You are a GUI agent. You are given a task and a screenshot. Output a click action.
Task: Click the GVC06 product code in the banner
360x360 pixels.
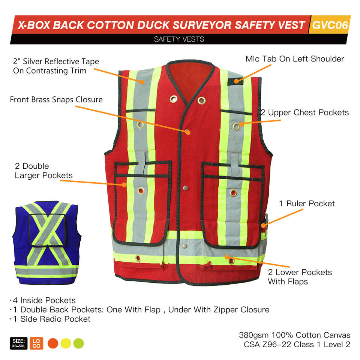point(330,25)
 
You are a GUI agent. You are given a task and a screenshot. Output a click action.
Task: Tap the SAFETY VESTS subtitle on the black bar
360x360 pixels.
point(179,39)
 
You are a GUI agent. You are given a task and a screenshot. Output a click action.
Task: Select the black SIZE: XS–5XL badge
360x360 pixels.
point(19,343)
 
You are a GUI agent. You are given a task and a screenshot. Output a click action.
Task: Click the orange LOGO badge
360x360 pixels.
point(36,343)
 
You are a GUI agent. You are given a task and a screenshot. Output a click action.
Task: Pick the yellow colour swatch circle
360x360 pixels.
point(66,343)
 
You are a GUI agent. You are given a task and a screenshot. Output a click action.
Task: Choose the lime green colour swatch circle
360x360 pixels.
point(78,343)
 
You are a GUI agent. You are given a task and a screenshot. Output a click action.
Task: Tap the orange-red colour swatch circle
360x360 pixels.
point(53,343)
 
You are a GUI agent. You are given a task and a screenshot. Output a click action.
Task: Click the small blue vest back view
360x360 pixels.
point(47,243)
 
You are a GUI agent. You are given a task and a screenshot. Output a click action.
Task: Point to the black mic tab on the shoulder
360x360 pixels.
point(235,81)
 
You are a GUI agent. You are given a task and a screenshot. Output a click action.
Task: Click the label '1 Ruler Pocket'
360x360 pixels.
point(307,203)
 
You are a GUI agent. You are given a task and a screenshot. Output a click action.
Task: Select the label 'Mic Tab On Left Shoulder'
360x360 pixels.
point(295,59)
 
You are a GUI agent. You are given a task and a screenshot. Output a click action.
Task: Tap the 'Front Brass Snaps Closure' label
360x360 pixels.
point(56,100)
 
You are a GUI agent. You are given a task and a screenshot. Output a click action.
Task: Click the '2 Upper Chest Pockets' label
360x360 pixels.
point(304,112)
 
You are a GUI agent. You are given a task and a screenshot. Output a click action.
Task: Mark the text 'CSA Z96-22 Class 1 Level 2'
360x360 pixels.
point(297,344)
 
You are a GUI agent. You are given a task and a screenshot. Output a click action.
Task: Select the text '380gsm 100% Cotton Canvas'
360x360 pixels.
point(295,335)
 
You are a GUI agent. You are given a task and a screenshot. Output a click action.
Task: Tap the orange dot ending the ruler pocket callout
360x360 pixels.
point(264,225)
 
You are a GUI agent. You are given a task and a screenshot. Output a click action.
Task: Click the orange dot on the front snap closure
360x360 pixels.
point(188,132)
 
